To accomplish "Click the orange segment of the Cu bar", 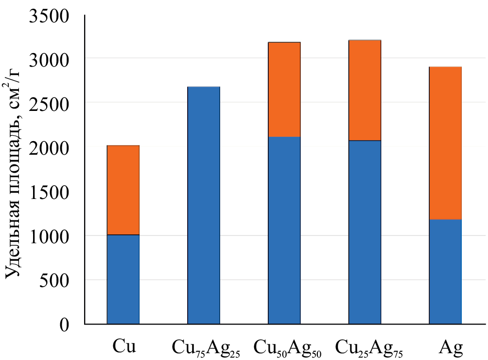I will pyautogui.click(x=123, y=190).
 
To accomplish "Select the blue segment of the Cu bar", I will pyautogui.click(x=123, y=279).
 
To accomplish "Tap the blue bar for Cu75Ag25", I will pyautogui.click(x=204, y=205).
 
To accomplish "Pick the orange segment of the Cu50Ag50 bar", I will pyautogui.click(x=284, y=90).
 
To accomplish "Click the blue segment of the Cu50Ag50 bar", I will pyautogui.click(x=284, y=230).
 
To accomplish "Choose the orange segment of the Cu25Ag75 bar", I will pyautogui.click(x=365, y=90).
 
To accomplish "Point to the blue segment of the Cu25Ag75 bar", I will pyautogui.click(x=365, y=232).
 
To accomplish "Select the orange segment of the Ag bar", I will pyautogui.click(x=445, y=143).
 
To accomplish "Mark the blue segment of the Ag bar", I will pyautogui.click(x=445, y=271).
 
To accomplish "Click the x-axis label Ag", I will pyautogui.click(x=451, y=347).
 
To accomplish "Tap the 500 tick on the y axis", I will pyautogui.click(x=55, y=280).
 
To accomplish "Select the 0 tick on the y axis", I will pyautogui.click(x=65, y=324).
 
